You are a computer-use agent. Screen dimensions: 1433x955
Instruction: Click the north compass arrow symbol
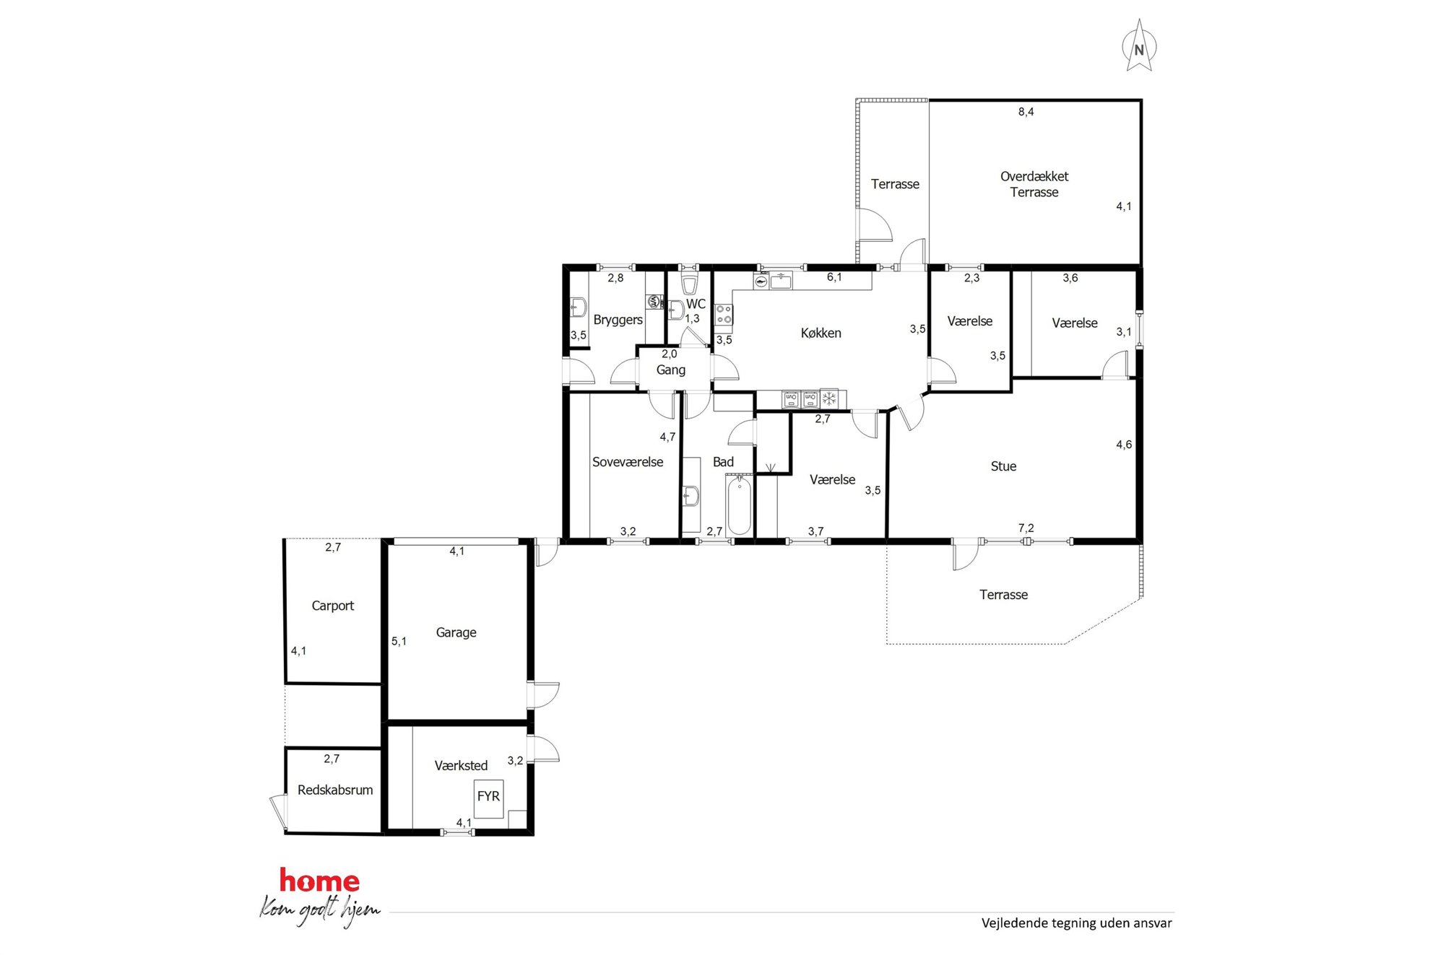[1139, 45]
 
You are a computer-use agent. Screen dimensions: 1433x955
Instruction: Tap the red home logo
[319, 880]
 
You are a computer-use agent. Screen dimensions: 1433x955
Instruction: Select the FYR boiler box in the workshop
[488, 798]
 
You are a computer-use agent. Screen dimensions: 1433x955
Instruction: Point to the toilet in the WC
[690, 283]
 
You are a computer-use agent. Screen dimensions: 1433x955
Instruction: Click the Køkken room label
[821, 333]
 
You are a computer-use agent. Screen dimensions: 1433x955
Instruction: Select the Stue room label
[1003, 466]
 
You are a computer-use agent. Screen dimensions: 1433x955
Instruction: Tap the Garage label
[456, 632]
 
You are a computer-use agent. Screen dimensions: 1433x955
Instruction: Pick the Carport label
[332, 606]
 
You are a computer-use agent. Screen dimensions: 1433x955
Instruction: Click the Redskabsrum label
[335, 790]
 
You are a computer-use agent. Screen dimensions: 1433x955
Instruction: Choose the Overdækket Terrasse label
[1034, 184]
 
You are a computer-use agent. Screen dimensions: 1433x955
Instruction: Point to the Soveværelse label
[628, 462]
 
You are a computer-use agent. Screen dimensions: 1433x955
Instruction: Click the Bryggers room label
[618, 320]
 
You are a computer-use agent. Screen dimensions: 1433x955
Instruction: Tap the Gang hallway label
[670, 370]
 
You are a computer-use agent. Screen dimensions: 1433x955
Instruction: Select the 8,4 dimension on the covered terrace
[1026, 112]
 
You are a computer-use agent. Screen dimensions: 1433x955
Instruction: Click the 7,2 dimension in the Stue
[1026, 528]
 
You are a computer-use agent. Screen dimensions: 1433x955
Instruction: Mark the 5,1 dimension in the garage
[399, 641]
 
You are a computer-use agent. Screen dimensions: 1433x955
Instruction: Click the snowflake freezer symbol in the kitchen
[829, 398]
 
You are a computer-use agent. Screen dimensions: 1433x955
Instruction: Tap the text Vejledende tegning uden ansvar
[1076, 923]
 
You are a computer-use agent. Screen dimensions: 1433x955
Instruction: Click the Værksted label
[461, 765]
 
